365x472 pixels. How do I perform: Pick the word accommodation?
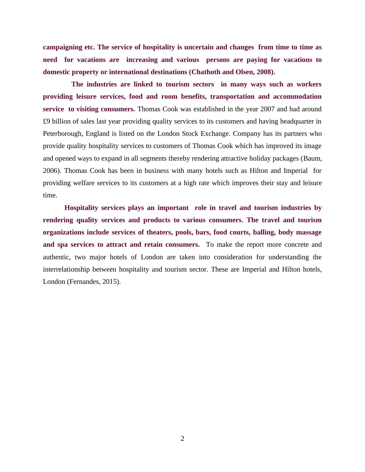pos(297,97)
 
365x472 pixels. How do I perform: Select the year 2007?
pos(267,109)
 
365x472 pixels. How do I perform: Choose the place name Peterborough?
pos(63,134)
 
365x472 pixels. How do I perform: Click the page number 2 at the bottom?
pos(182,439)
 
